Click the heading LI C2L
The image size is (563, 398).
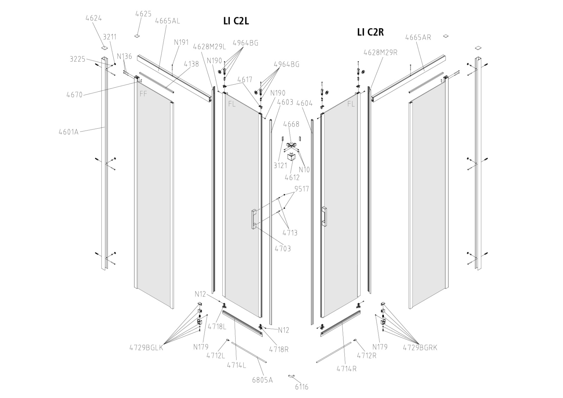point(236,21)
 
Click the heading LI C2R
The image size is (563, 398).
point(370,32)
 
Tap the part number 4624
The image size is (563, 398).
point(94,18)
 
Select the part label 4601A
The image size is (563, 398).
point(69,132)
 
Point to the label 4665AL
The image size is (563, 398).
point(167,21)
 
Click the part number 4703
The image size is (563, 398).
point(283,249)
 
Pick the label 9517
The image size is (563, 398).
point(302,189)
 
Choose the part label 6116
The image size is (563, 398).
point(302,387)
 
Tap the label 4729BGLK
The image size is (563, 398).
point(146,348)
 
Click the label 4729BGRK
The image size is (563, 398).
point(420,347)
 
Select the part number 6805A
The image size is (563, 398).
point(262,380)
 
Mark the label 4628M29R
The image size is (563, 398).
point(380,52)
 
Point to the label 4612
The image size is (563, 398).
point(292,178)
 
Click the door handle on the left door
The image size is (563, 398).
point(254,219)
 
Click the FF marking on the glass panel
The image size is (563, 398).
point(143,94)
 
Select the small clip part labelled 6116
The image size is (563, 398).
point(292,377)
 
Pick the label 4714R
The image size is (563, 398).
point(346,369)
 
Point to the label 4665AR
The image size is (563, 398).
point(418,37)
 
